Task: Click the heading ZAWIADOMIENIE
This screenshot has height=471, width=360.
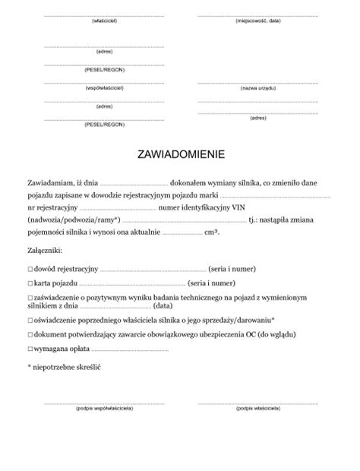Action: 180,154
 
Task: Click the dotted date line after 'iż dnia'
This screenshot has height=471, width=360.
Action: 134,183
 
